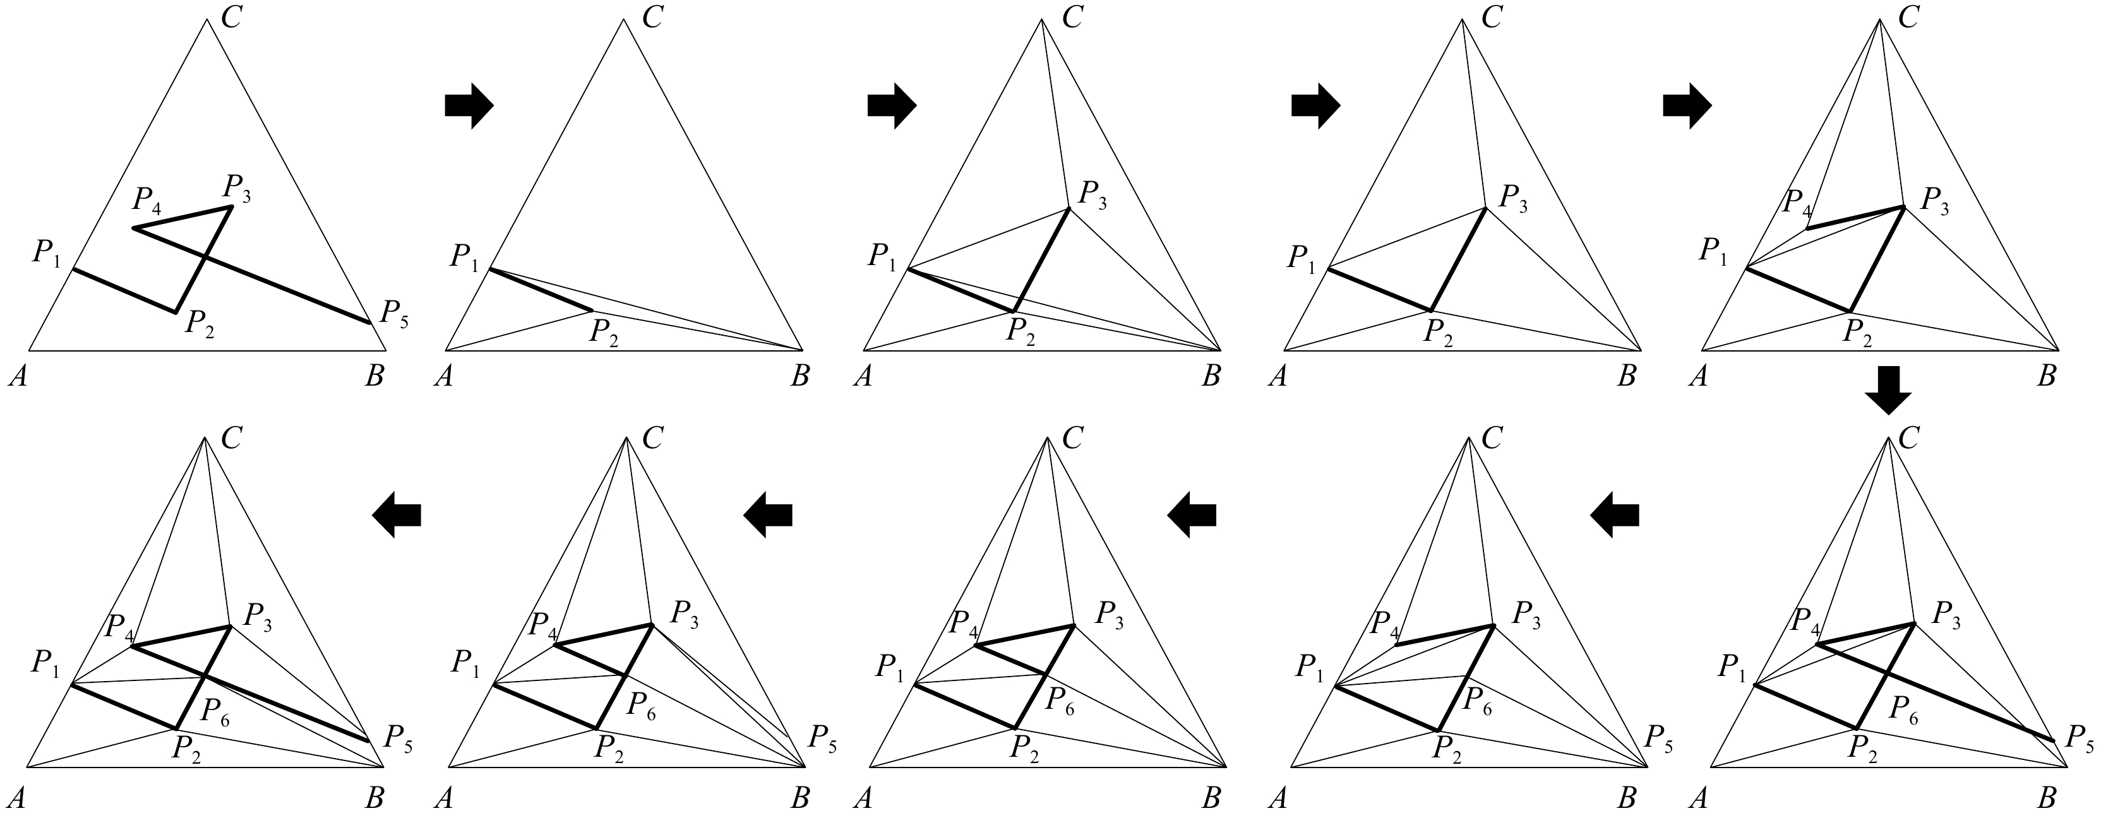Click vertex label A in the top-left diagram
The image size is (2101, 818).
tap(16, 377)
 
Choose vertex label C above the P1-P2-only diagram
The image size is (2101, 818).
tap(652, 17)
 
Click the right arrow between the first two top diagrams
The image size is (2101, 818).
tap(469, 106)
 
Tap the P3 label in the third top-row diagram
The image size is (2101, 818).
tap(1093, 196)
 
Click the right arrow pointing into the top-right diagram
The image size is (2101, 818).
tap(1687, 106)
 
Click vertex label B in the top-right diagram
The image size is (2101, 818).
tap(2048, 377)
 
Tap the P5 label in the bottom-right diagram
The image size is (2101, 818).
tap(2079, 739)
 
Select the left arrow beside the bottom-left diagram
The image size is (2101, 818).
tap(397, 514)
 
